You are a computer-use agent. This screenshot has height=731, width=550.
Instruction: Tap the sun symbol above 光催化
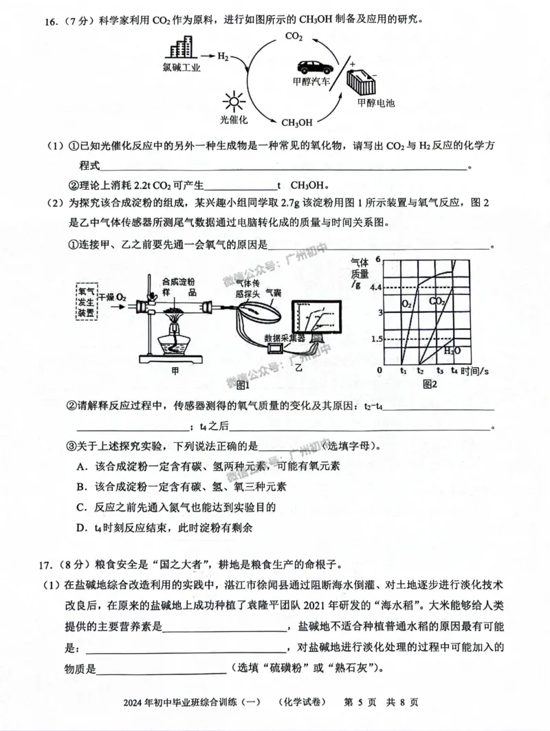(233, 100)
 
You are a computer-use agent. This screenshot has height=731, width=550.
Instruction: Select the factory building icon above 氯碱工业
(181, 48)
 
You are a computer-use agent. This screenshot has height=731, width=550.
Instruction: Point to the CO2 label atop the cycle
(293, 36)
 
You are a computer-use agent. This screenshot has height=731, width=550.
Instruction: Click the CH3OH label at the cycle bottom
(297, 122)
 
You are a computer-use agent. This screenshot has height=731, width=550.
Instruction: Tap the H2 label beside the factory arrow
(223, 56)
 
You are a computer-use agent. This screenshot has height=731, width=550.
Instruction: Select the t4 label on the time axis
(454, 371)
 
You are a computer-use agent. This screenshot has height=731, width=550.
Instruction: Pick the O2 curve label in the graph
(407, 301)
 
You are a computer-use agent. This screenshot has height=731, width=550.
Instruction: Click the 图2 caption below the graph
(430, 383)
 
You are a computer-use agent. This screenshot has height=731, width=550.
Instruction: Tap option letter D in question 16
(81, 528)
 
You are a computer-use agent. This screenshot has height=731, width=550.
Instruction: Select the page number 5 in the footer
(357, 702)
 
